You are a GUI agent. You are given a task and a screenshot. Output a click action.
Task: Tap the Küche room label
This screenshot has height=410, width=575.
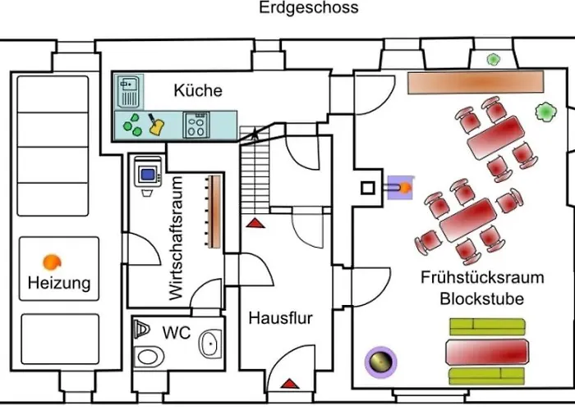point(197,90)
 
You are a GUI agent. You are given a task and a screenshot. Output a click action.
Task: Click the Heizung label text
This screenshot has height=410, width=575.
point(58,285)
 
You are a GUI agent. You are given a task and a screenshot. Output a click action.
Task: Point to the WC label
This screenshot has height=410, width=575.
point(177,334)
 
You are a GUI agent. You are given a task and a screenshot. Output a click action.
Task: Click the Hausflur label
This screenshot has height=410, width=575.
point(280,318)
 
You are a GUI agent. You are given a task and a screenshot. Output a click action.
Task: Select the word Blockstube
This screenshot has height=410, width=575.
point(481,298)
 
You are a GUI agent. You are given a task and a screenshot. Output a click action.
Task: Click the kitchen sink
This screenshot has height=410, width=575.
point(130,90)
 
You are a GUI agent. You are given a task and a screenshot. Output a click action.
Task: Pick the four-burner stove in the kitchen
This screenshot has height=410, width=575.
point(195,125)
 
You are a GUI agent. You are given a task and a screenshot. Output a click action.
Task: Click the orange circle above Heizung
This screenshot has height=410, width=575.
point(52,262)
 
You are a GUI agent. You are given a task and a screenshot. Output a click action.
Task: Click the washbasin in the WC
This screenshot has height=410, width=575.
point(212,344)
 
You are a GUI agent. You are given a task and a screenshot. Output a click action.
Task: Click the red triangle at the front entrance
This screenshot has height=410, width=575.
point(288,382)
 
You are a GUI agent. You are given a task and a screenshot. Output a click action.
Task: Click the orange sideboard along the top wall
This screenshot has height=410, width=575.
point(476,82)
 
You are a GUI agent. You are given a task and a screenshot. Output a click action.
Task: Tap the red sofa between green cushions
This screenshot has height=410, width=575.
point(485,353)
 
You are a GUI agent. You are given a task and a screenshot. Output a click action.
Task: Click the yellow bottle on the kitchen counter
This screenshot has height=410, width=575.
point(154,125)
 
